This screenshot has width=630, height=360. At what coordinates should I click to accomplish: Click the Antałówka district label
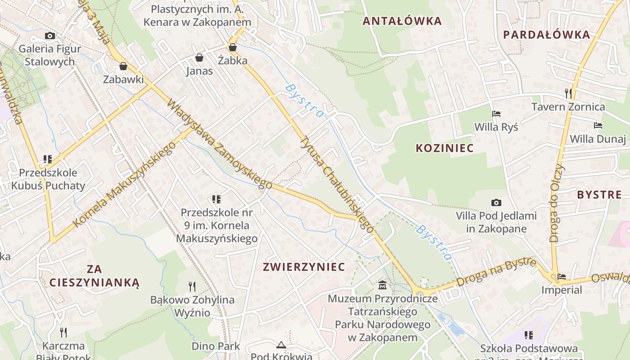pos(402,21)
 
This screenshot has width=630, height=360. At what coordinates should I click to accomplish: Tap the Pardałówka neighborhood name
pos(546,35)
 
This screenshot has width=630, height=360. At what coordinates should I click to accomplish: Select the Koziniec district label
pos(445,148)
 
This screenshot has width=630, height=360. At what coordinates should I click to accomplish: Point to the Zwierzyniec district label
pos(304,267)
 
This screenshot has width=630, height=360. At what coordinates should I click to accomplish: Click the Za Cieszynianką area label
pos(94,276)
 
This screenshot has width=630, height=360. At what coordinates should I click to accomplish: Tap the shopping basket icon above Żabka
pos(233,47)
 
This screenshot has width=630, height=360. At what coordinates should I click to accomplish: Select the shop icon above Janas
pos(199,58)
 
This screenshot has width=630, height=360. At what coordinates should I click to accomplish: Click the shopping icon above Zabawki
pos(123,67)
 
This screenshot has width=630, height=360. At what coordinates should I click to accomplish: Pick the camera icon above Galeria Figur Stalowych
pos(49,36)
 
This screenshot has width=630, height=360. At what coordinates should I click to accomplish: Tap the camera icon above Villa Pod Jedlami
pos(496,203)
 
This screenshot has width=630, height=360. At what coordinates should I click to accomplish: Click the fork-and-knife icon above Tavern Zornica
pos(568,94)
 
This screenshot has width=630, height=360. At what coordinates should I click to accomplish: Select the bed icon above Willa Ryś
pos(496,114)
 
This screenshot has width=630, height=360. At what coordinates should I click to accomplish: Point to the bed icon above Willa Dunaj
pos(598,126)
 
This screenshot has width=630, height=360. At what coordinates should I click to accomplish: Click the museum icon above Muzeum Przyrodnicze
pos(382,285)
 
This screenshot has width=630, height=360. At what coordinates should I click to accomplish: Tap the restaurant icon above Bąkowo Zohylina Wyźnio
pos(192,286)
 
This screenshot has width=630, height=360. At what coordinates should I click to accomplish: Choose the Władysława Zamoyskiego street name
pos(220,144)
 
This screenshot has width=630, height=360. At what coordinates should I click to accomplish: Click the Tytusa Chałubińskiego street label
pos(337,184)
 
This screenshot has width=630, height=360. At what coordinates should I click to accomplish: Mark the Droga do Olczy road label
pos(557,202)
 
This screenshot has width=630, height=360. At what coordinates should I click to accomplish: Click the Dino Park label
pos(216,346)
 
